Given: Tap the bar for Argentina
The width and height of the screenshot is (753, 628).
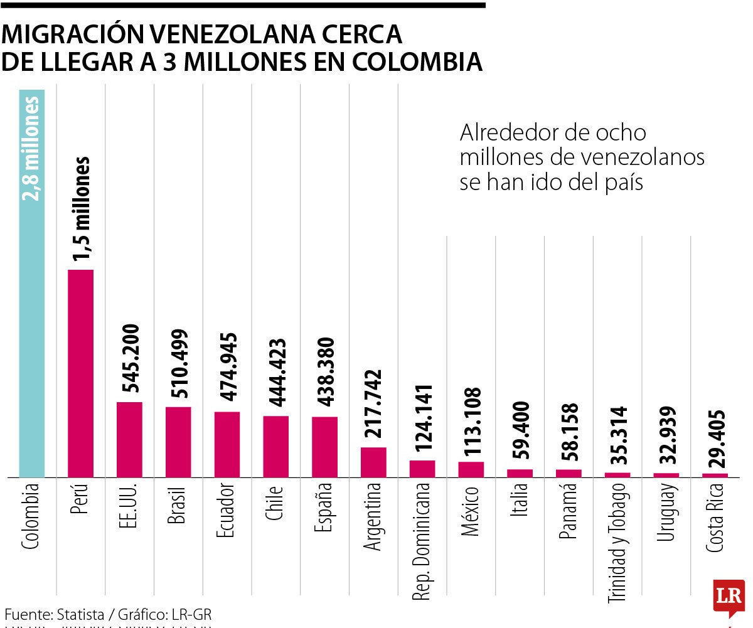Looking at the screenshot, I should coord(373,462).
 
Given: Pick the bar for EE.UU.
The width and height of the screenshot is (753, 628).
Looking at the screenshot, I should coord(129,439).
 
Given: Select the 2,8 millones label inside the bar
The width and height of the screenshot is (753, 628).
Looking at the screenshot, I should coord(32,148).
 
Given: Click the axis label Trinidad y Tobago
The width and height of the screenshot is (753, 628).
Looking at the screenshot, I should coord(617,543).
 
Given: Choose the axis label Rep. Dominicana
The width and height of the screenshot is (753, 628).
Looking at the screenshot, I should coord(422,541).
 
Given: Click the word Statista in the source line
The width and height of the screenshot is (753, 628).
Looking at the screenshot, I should coord(80,614).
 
